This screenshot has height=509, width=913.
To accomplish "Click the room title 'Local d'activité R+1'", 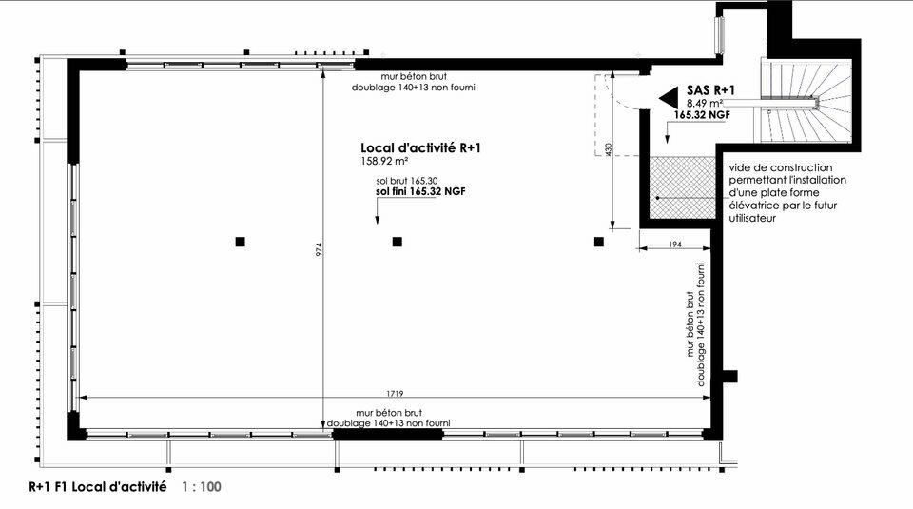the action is click(420, 147).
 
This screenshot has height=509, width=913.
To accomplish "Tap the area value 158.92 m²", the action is click(384, 161).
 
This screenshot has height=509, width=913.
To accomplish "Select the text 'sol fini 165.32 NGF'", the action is click(420, 191).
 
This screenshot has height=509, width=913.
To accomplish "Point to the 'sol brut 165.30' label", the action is click(407, 181).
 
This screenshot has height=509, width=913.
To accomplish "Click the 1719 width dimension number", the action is click(395, 394).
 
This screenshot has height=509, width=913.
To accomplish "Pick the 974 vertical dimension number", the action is click(319, 249).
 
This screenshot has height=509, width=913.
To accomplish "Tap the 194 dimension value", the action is click(675, 245).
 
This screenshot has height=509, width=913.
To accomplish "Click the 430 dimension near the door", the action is click(609, 149).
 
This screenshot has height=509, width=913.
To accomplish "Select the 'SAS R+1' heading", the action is click(710, 89).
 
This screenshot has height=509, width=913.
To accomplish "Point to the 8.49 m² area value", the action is click(705, 103).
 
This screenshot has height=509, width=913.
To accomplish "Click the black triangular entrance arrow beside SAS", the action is click(669, 98).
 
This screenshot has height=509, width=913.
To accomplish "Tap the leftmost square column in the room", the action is click(240, 242).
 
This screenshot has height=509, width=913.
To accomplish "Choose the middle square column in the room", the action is click(398, 242).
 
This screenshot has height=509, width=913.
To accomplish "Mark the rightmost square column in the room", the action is click(598, 242).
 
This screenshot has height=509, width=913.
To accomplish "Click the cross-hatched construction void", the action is click(683, 187).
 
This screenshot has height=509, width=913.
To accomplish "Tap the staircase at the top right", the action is click(806, 100).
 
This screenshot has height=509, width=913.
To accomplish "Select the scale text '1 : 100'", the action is click(202, 487).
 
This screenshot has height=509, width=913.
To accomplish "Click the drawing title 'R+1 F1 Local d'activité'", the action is click(98, 487).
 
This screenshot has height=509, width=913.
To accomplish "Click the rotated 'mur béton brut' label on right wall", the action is click(690, 323).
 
